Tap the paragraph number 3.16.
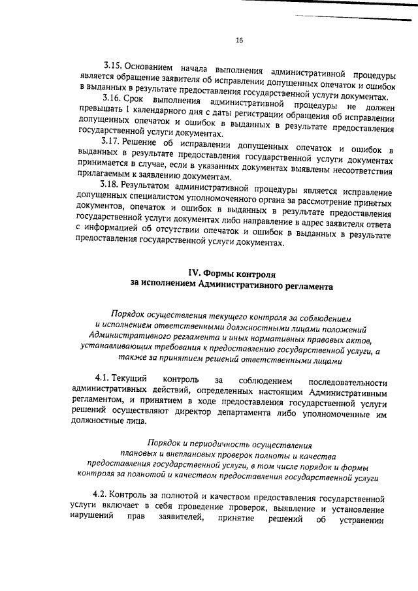tap(113, 98)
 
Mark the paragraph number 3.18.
tap(110, 185)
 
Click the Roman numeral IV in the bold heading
tap(193, 275)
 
